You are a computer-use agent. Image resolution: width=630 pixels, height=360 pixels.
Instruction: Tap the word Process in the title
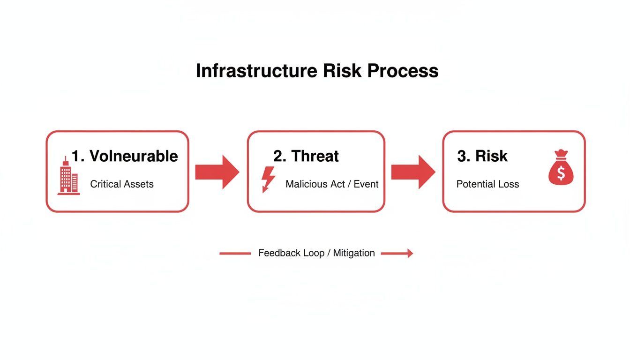click(x=403, y=71)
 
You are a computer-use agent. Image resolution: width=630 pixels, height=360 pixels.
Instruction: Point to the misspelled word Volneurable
click(x=133, y=156)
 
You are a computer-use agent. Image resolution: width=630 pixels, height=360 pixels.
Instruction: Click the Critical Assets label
click(x=122, y=184)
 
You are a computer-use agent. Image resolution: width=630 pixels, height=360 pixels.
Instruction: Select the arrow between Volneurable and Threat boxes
click(x=217, y=172)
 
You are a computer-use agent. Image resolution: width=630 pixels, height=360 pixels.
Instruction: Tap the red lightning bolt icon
click(x=268, y=179)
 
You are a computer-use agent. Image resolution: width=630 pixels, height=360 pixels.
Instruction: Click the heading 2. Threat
click(x=306, y=156)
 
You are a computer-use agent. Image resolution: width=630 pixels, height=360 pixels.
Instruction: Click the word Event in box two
click(x=366, y=184)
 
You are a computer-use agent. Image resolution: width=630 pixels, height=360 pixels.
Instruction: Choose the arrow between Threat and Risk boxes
click(x=413, y=172)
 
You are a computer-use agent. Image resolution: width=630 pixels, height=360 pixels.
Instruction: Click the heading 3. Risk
click(x=482, y=156)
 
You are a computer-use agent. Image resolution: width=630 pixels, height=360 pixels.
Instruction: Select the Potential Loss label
click(x=487, y=184)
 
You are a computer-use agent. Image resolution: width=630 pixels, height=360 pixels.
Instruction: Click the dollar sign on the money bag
click(x=561, y=173)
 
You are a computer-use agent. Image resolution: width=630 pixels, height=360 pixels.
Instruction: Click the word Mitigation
click(x=354, y=253)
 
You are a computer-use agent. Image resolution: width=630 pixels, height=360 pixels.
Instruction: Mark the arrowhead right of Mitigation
click(x=410, y=254)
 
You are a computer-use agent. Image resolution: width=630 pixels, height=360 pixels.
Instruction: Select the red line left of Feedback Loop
click(x=235, y=254)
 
